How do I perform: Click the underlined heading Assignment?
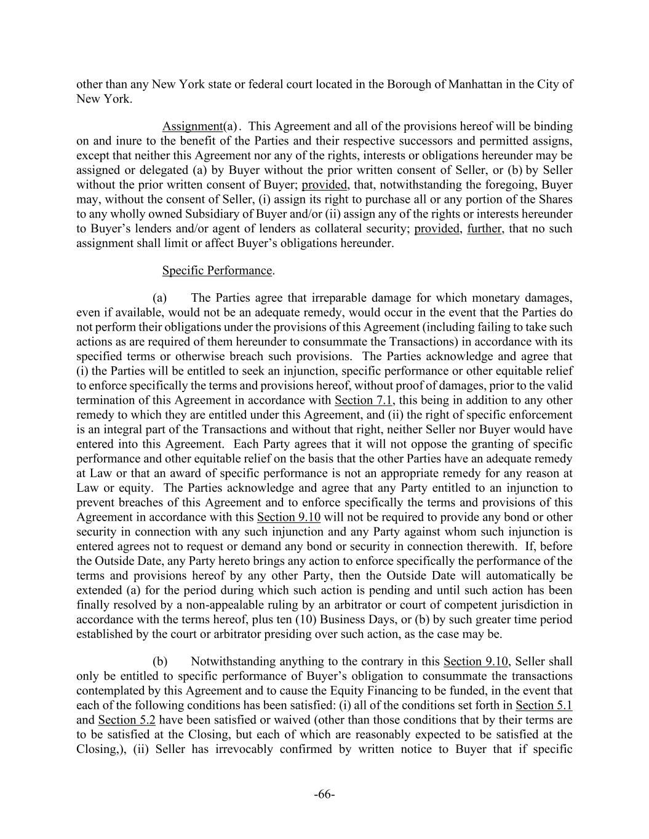[192, 127]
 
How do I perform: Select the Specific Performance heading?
[217, 270]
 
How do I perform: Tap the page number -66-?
[324, 795]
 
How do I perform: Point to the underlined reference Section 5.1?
[544, 705]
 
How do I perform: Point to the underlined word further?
[485, 229]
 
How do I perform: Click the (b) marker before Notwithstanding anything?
[160, 661]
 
